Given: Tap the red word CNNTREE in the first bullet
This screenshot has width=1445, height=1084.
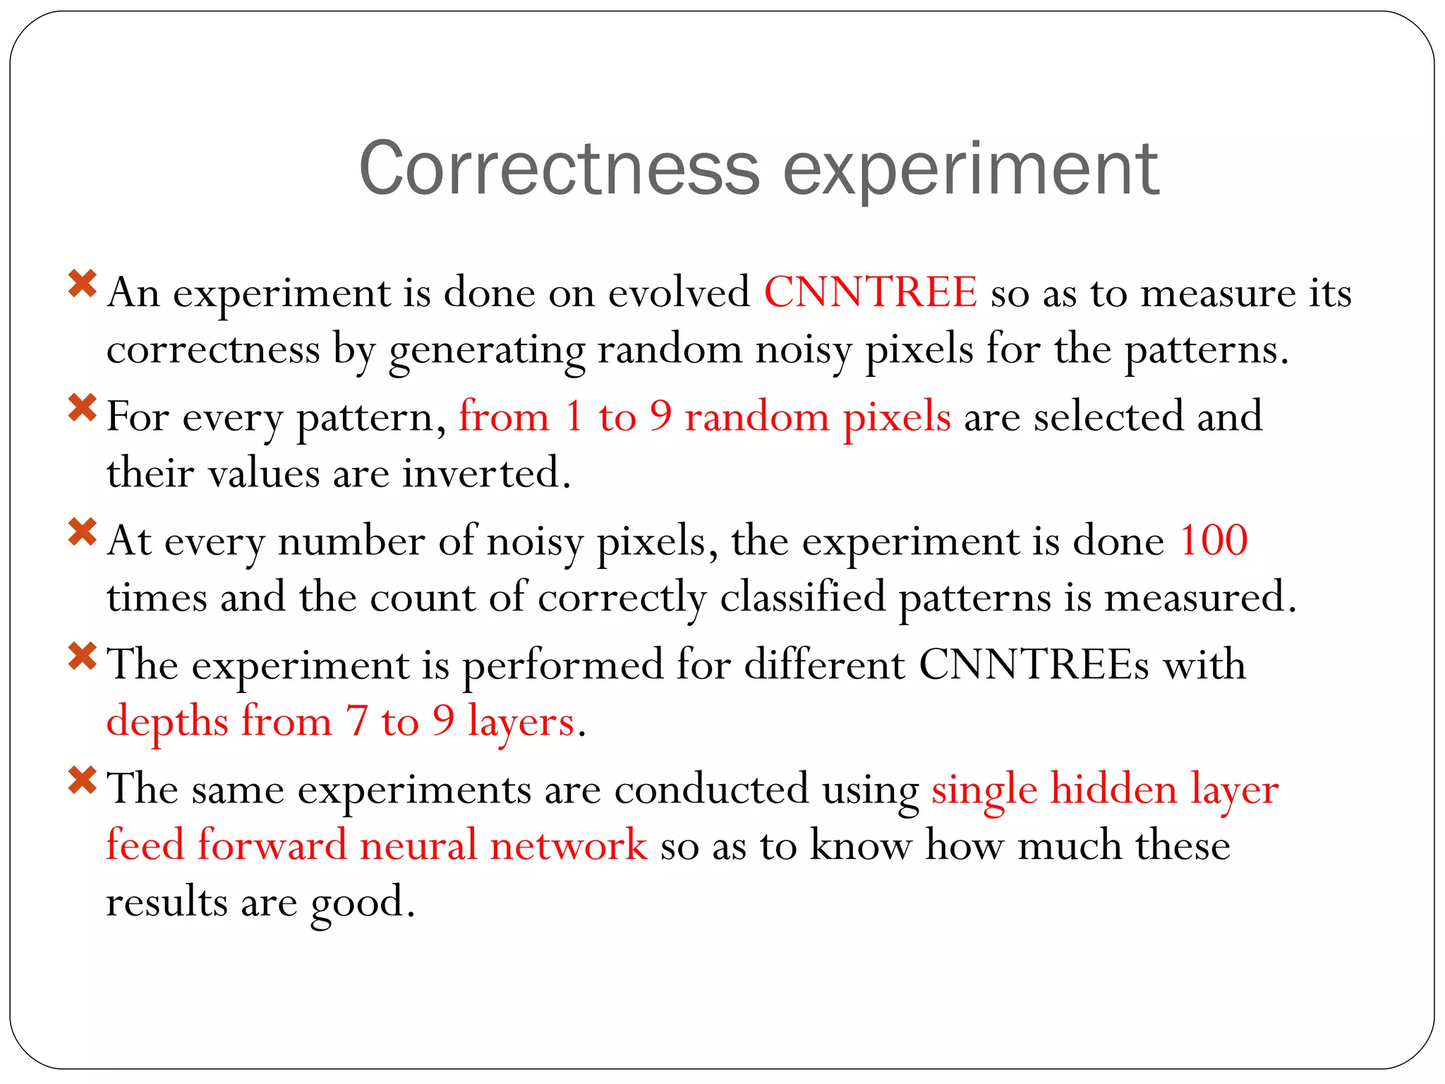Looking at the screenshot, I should click(x=871, y=292).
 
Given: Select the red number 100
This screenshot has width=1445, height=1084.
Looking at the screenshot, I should click(x=1214, y=541).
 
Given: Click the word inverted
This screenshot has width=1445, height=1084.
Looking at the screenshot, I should click(x=486, y=473).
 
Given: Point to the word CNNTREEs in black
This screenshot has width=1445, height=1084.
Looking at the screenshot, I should click(x=1034, y=665).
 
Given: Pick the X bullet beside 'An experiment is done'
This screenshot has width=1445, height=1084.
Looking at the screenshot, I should click(x=83, y=284).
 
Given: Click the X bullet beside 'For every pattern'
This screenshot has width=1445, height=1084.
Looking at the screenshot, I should click(x=83, y=408).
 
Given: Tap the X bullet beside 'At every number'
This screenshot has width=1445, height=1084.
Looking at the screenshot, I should click(x=83, y=532).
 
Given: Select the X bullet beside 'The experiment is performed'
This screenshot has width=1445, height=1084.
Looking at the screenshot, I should click(x=83, y=656).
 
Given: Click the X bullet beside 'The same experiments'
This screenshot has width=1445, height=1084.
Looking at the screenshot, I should click(x=83, y=781).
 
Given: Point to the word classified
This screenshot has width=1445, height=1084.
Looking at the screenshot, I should click(x=802, y=598).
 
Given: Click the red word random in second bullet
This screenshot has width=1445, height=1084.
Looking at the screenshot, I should click(x=757, y=417).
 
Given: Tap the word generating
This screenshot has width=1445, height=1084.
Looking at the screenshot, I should click(x=486, y=351).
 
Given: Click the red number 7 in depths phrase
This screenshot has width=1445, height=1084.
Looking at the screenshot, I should click(x=357, y=721).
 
